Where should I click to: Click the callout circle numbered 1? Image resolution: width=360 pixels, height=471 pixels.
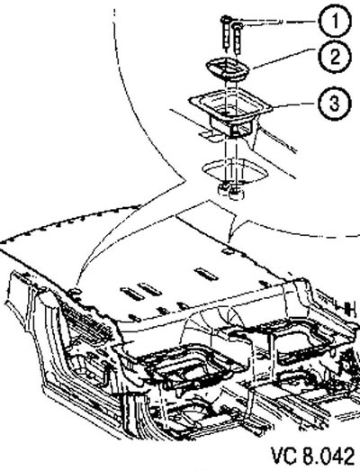[x=334, y=22]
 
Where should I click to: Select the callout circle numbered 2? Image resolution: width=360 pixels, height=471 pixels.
[x=335, y=57]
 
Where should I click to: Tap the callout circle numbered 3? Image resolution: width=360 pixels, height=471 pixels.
[x=334, y=103]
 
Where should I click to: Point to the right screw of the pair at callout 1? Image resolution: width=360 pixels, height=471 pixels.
[x=238, y=39]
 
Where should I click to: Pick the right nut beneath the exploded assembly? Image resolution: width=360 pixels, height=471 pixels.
[x=237, y=194]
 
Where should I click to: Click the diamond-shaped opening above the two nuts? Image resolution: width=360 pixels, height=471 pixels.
[x=235, y=170]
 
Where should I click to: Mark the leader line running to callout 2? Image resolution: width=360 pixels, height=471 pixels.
[x=283, y=58]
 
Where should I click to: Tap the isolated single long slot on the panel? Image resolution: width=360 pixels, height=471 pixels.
[x=206, y=275]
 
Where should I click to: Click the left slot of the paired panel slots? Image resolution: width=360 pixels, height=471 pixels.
[x=132, y=294]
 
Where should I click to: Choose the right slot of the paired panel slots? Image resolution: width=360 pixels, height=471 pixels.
[x=150, y=290]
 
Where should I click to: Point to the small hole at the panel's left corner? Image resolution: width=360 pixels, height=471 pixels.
[x=74, y=291]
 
